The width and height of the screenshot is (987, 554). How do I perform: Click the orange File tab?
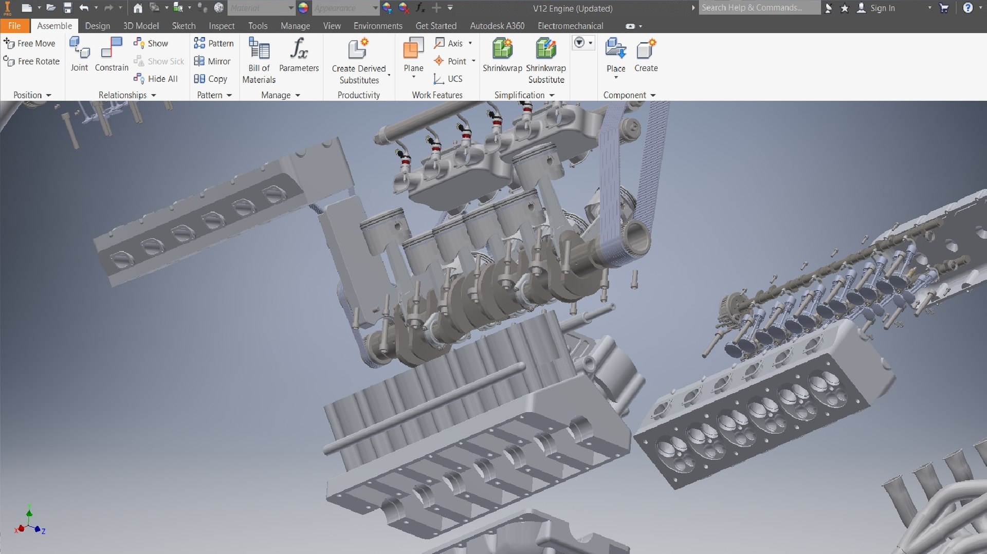tap(14, 26)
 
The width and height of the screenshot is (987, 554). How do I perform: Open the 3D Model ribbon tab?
tap(141, 26)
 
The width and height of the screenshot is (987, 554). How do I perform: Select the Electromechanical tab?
tap(570, 26)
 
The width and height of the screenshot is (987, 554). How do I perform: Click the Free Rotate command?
tap(32, 61)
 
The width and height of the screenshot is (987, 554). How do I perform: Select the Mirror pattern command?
tap(212, 61)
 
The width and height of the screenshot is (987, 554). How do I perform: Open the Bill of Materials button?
tap(259, 59)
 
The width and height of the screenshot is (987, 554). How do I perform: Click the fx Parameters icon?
tap(299, 49)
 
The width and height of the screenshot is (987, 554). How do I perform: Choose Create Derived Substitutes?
tap(359, 59)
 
